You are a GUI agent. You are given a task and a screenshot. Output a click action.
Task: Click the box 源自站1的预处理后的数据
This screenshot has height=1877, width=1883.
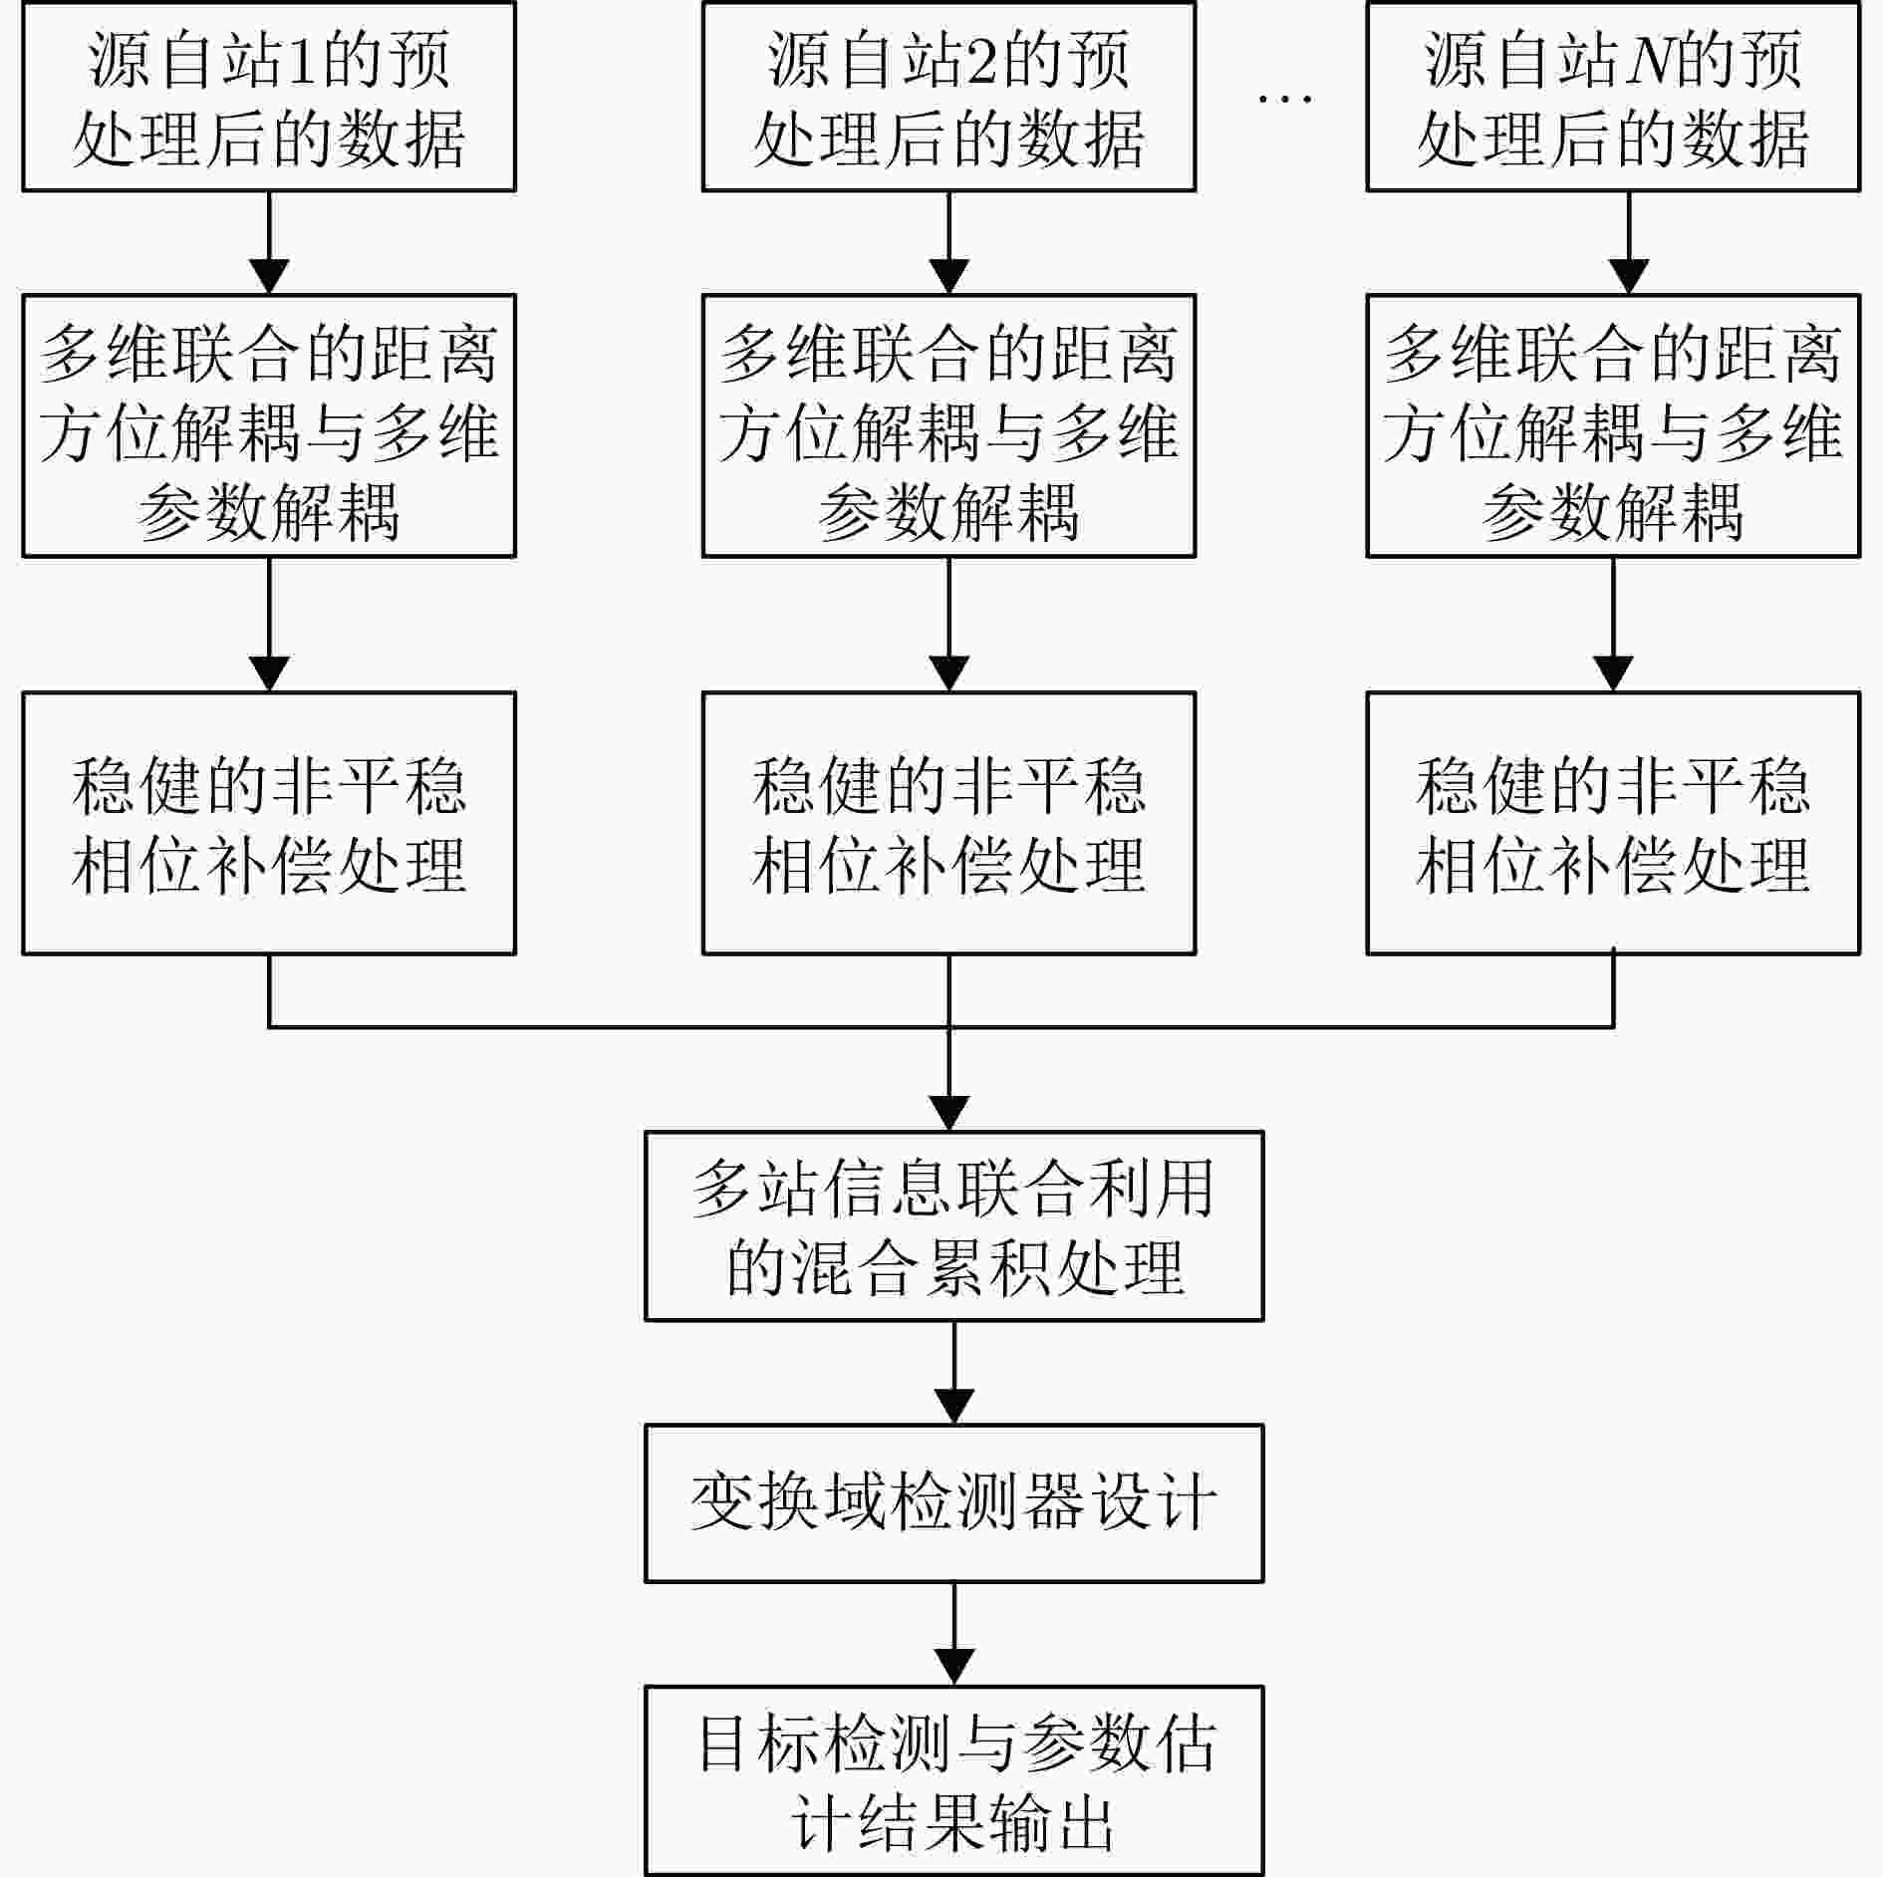click(269, 97)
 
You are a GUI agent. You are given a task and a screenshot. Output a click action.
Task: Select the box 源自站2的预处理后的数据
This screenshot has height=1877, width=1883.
click(948, 97)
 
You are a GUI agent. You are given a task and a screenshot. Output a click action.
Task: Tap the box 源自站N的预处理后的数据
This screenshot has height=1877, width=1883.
click(1613, 97)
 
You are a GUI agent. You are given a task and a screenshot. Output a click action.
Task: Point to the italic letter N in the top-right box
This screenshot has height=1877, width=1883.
click(1649, 60)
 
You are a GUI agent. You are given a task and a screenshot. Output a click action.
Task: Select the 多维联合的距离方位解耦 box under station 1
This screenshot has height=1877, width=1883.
click(269, 425)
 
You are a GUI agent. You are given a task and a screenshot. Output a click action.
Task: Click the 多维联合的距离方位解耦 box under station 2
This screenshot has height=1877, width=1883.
click(948, 425)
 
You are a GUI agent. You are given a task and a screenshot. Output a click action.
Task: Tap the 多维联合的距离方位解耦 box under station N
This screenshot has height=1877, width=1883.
click(1613, 425)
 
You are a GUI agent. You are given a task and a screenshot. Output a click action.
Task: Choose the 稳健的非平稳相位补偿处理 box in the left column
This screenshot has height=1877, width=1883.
click(269, 823)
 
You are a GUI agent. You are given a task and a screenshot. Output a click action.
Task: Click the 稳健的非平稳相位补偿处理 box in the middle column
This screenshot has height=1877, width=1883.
click(948, 823)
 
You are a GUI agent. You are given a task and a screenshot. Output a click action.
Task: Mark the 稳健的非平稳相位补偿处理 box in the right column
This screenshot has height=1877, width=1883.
click(1613, 823)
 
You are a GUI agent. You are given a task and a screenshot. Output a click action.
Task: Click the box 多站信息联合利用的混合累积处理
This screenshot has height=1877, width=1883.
click(954, 1225)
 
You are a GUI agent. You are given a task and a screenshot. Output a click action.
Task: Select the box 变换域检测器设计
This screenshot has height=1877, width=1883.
click(954, 1503)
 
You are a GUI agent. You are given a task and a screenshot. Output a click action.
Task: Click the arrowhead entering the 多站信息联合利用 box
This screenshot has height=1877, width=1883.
click(948, 1114)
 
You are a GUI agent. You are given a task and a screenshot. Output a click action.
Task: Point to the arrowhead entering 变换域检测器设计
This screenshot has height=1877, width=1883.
click(954, 1407)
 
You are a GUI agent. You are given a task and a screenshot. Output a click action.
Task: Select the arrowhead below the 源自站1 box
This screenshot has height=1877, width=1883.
click(269, 277)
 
